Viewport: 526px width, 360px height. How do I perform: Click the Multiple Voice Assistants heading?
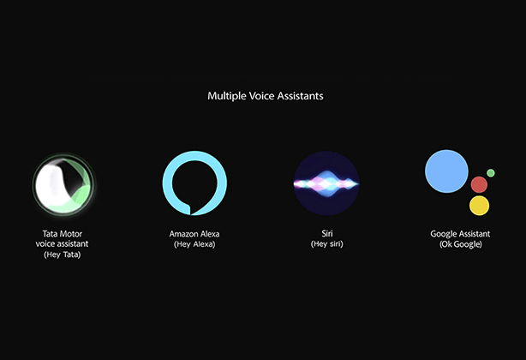266,96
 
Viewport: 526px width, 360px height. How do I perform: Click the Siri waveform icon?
326,183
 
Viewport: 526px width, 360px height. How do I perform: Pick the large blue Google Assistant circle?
447,171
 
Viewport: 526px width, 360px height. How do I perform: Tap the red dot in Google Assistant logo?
479,184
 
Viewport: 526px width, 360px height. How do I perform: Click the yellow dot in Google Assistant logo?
479,206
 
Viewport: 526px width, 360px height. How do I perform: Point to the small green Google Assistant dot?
491,173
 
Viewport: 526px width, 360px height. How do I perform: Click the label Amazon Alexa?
194,233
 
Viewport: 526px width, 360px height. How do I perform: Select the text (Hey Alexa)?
194,244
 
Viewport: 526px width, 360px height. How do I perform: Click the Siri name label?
326,233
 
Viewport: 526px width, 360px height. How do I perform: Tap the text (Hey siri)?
326,244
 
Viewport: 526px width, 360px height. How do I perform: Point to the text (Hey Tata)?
62,255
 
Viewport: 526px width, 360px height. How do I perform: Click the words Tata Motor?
62,233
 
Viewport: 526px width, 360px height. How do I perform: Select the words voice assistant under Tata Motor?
62,244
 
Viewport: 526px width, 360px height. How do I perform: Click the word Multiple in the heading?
224,96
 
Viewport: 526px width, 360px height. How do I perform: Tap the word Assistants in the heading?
299,96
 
